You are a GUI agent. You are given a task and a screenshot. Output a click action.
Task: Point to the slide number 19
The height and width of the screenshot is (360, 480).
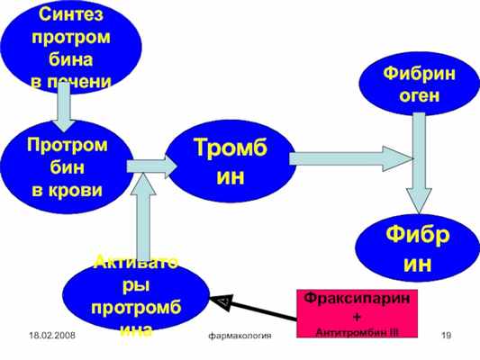447,335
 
